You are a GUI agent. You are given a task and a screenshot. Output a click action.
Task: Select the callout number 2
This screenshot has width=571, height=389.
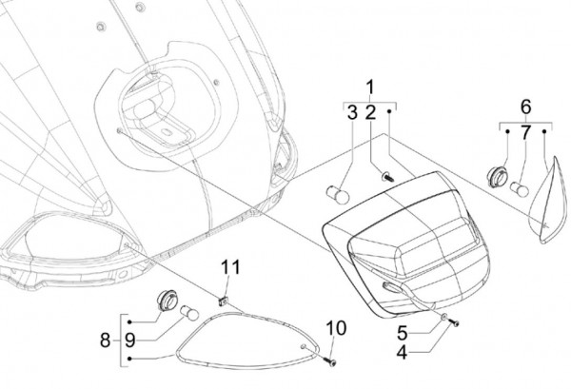click(x=370, y=113)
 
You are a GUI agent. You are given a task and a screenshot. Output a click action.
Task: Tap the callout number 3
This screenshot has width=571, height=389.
click(x=351, y=113)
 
